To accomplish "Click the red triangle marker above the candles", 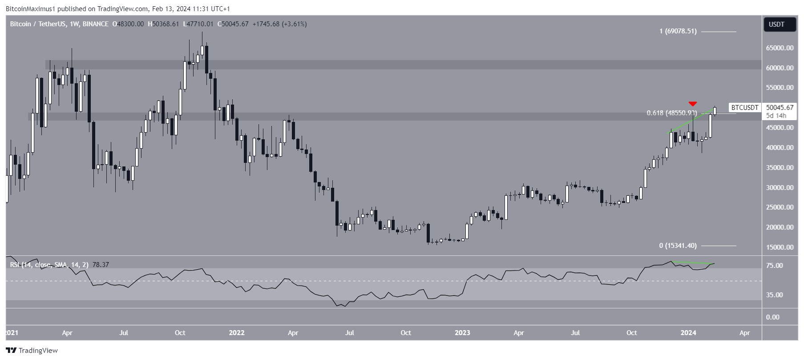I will click(x=693, y=104).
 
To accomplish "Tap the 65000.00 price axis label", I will click(x=780, y=48).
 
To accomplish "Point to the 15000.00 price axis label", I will click(x=780, y=247).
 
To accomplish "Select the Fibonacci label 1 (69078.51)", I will click(x=678, y=31).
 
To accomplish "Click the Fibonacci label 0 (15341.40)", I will click(x=678, y=246).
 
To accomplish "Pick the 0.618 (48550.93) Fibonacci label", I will click(x=672, y=113).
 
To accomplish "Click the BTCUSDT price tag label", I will click(x=745, y=108).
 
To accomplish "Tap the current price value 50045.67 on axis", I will click(x=780, y=108).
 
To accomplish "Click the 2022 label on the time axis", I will click(x=237, y=333).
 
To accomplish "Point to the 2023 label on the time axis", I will click(x=462, y=333).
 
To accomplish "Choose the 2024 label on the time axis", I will click(x=688, y=333).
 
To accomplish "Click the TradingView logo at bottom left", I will click(x=32, y=351).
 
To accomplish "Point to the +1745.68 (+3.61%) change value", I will click(x=279, y=24).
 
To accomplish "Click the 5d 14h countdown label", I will click(x=776, y=116).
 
